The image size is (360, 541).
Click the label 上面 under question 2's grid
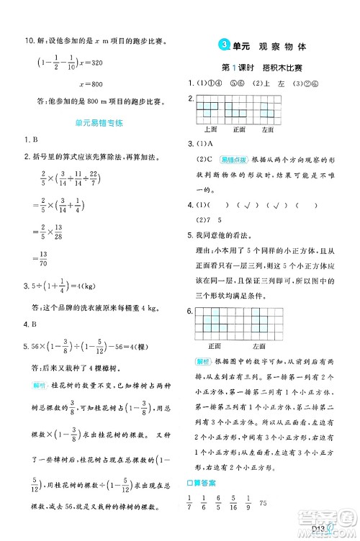click(211, 129)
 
